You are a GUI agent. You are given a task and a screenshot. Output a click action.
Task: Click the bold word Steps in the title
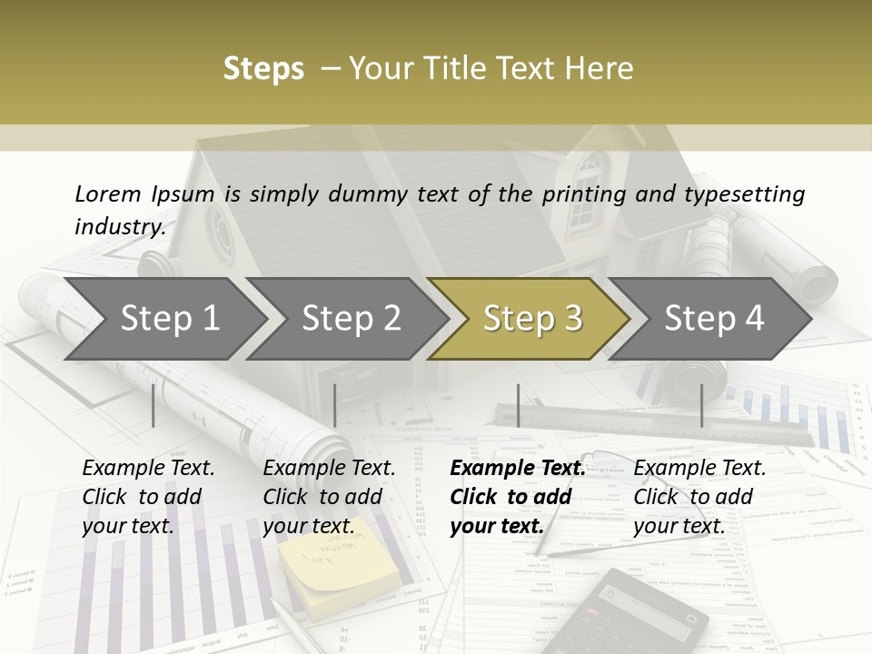263,69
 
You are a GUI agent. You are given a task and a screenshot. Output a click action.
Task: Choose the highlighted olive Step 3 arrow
532,319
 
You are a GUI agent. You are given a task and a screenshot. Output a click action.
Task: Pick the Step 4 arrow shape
714,319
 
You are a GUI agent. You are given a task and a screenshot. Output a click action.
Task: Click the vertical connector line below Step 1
154,405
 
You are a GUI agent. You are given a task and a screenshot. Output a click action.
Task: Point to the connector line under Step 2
335,405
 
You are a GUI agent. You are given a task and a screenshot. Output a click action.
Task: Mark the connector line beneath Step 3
518,405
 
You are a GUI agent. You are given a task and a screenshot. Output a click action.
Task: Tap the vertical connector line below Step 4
701,405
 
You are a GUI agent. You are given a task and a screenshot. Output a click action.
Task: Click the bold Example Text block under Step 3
517,497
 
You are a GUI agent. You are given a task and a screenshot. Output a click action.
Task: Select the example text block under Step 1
148,497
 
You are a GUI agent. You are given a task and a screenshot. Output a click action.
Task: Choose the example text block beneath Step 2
329,497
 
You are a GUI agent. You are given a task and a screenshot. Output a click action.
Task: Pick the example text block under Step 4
699,497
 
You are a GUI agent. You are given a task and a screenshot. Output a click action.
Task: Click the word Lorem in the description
107,193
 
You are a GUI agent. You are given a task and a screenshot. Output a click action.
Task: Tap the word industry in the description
119,226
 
